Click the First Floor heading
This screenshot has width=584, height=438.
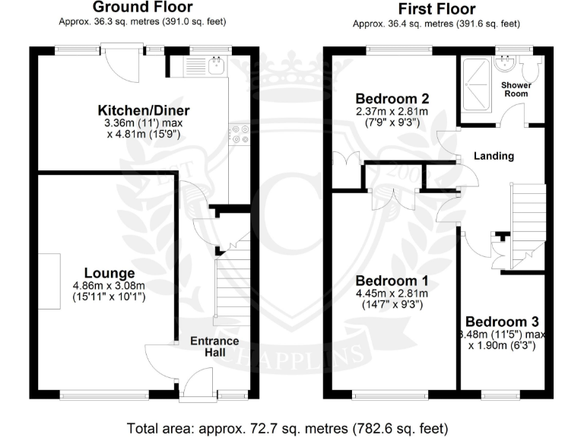click(x=436, y=9)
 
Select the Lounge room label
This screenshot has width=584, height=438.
click(x=109, y=273)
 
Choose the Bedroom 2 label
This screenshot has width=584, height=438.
click(x=392, y=99)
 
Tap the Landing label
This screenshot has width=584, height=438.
click(x=494, y=156)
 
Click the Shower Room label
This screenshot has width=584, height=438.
click(x=516, y=90)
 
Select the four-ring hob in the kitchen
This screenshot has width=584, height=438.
click(x=240, y=134)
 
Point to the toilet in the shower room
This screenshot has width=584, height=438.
click(x=536, y=69)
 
